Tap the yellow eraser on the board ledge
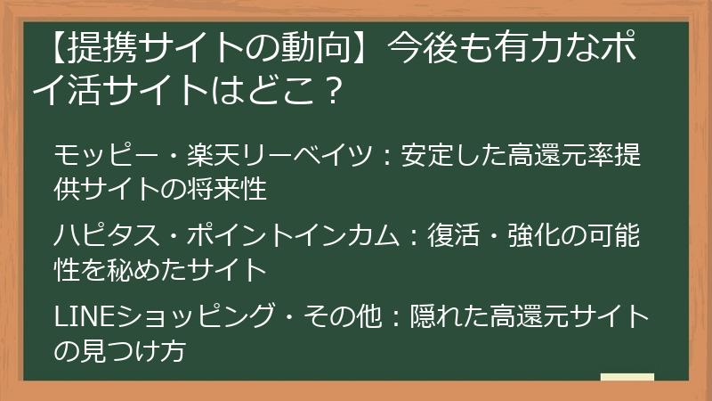[627, 379]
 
